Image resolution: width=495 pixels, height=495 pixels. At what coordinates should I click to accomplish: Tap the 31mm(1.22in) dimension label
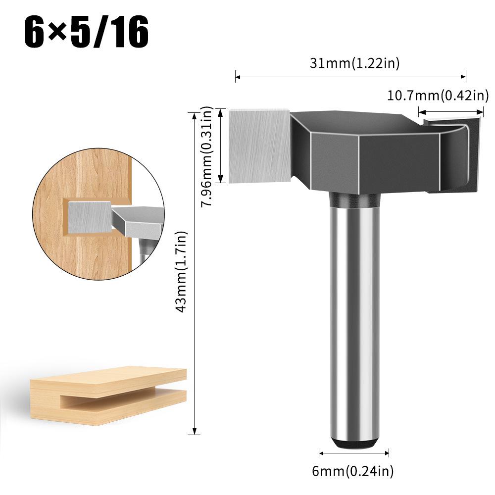click(x=354, y=63)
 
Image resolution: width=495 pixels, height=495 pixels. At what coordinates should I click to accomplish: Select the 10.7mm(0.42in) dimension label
click(x=438, y=95)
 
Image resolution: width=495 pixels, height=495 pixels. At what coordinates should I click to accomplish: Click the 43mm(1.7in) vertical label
click(x=183, y=271)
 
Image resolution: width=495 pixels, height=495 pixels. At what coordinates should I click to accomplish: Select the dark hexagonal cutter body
click(x=346, y=153)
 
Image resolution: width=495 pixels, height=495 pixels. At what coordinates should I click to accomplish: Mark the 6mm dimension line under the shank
click(x=353, y=452)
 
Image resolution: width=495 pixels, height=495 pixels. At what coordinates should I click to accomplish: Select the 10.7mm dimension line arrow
click(x=450, y=111)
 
